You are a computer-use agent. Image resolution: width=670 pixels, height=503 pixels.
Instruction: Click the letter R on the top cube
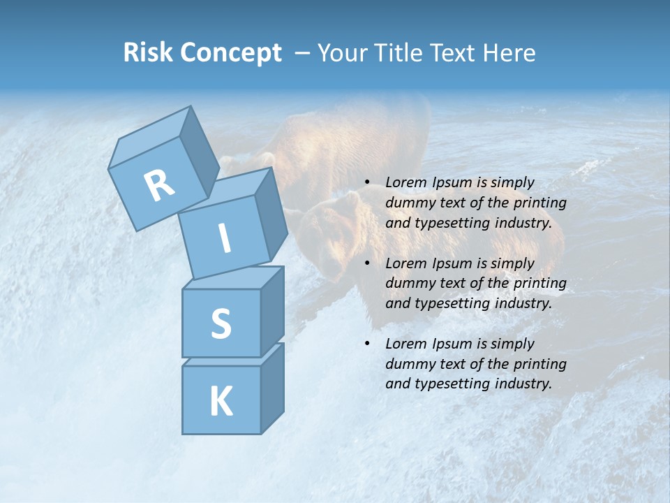click(x=159, y=186)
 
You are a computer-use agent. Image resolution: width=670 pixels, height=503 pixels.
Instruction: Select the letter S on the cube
click(x=221, y=323)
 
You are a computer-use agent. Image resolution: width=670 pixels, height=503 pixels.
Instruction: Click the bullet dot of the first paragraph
click(x=367, y=183)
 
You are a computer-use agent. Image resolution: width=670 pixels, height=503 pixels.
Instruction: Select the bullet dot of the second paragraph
click(x=367, y=264)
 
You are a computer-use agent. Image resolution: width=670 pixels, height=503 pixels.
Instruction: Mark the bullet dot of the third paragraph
click(x=367, y=344)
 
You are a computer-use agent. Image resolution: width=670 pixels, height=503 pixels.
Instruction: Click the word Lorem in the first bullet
click(x=405, y=183)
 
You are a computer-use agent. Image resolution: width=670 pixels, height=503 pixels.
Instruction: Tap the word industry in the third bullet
click(x=523, y=384)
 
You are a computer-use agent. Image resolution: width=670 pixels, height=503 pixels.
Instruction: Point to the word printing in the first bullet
click(x=539, y=203)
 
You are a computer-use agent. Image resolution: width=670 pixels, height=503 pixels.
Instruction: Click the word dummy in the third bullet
click(x=408, y=364)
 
